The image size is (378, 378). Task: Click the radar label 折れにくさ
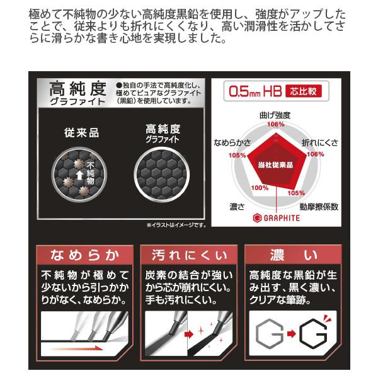point(322,142)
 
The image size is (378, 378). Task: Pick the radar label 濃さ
point(236,205)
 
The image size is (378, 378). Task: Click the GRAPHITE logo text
point(281,219)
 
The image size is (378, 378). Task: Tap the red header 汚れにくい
point(188,255)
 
